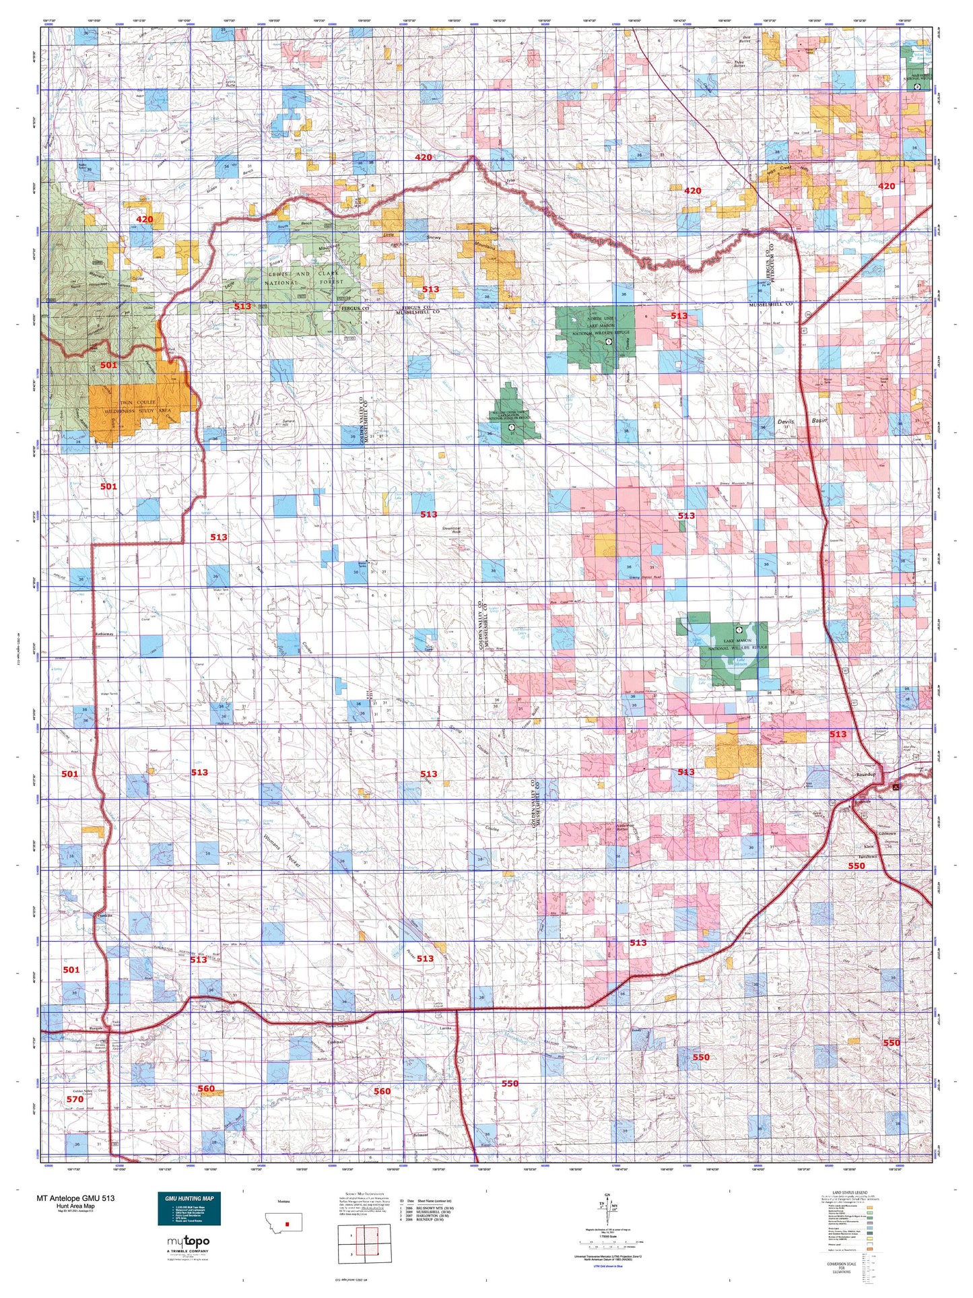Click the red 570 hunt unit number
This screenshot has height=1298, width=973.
point(75,1099)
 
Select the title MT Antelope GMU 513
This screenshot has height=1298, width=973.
point(75,1198)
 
